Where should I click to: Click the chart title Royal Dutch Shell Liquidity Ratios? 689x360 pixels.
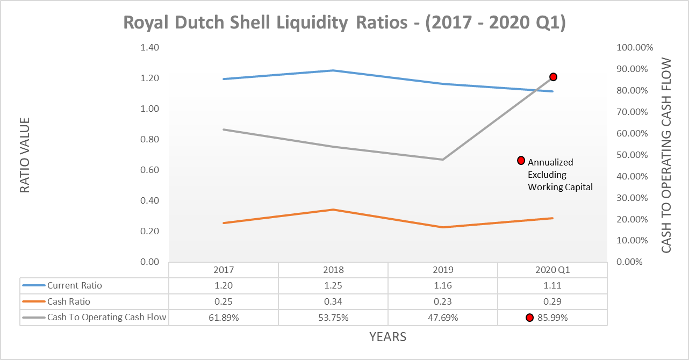coord(344,23)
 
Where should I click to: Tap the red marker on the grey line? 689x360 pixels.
coord(553,77)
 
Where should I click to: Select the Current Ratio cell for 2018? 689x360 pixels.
coord(333,285)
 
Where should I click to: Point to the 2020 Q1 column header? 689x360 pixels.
coord(552,270)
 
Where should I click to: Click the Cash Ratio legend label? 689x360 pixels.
coord(69,301)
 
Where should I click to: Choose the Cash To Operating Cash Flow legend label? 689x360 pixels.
coord(106,318)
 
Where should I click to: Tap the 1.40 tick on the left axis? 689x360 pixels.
coord(150,47)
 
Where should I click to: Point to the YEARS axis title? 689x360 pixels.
coord(387,337)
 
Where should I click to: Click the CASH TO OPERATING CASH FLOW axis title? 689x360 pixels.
coord(666,155)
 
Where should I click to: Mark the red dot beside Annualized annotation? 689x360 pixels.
coord(520,160)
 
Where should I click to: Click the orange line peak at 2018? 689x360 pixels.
coord(333,210)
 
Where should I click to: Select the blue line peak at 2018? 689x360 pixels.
coord(333,70)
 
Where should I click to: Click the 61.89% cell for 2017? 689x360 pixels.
coord(224,318)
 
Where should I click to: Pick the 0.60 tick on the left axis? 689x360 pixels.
coord(150,170)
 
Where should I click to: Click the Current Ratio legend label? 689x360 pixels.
coord(74,285)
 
